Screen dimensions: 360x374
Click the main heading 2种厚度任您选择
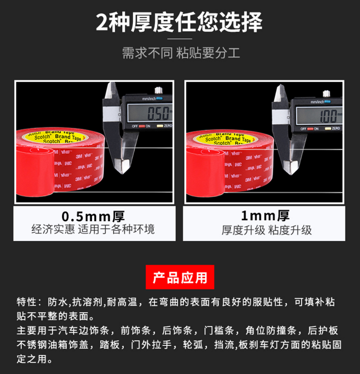point(179,22)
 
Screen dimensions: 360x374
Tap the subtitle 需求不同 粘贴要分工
point(181,53)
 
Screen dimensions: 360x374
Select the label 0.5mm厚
point(93,217)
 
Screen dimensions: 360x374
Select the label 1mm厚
point(265,216)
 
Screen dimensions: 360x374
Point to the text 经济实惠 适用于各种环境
point(93,229)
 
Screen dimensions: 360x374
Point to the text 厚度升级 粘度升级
point(267,230)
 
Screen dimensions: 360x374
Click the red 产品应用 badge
point(180,277)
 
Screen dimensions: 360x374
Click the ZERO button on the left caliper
point(160,126)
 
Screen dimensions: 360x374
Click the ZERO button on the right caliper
point(328,128)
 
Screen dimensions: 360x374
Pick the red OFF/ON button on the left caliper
point(142,126)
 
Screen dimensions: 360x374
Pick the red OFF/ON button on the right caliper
point(311,129)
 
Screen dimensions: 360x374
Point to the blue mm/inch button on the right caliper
point(328,102)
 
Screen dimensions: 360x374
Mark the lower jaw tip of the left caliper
point(122,174)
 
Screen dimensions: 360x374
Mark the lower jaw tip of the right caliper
point(291,175)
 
